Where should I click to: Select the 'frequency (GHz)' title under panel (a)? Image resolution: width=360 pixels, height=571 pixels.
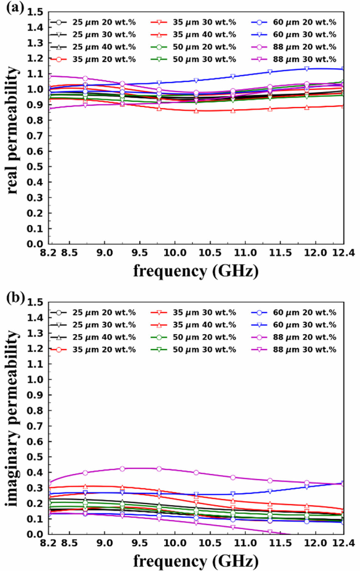pyautogui.click(x=196, y=271)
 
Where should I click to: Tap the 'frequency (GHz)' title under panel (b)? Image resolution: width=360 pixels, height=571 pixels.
pyautogui.click(x=196, y=561)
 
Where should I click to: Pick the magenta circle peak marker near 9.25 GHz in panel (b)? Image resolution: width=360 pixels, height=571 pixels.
pyautogui.click(x=122, y=469)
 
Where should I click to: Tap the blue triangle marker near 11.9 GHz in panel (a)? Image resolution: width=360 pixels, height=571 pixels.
pyautogui.click(x=307, y=69)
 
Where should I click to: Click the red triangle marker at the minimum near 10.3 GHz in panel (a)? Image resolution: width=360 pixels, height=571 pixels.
pyautogui.click(x=196, y=111)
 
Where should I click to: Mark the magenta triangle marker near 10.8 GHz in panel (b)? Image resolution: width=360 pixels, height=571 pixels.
pyautogui.click(x=233, y=527)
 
